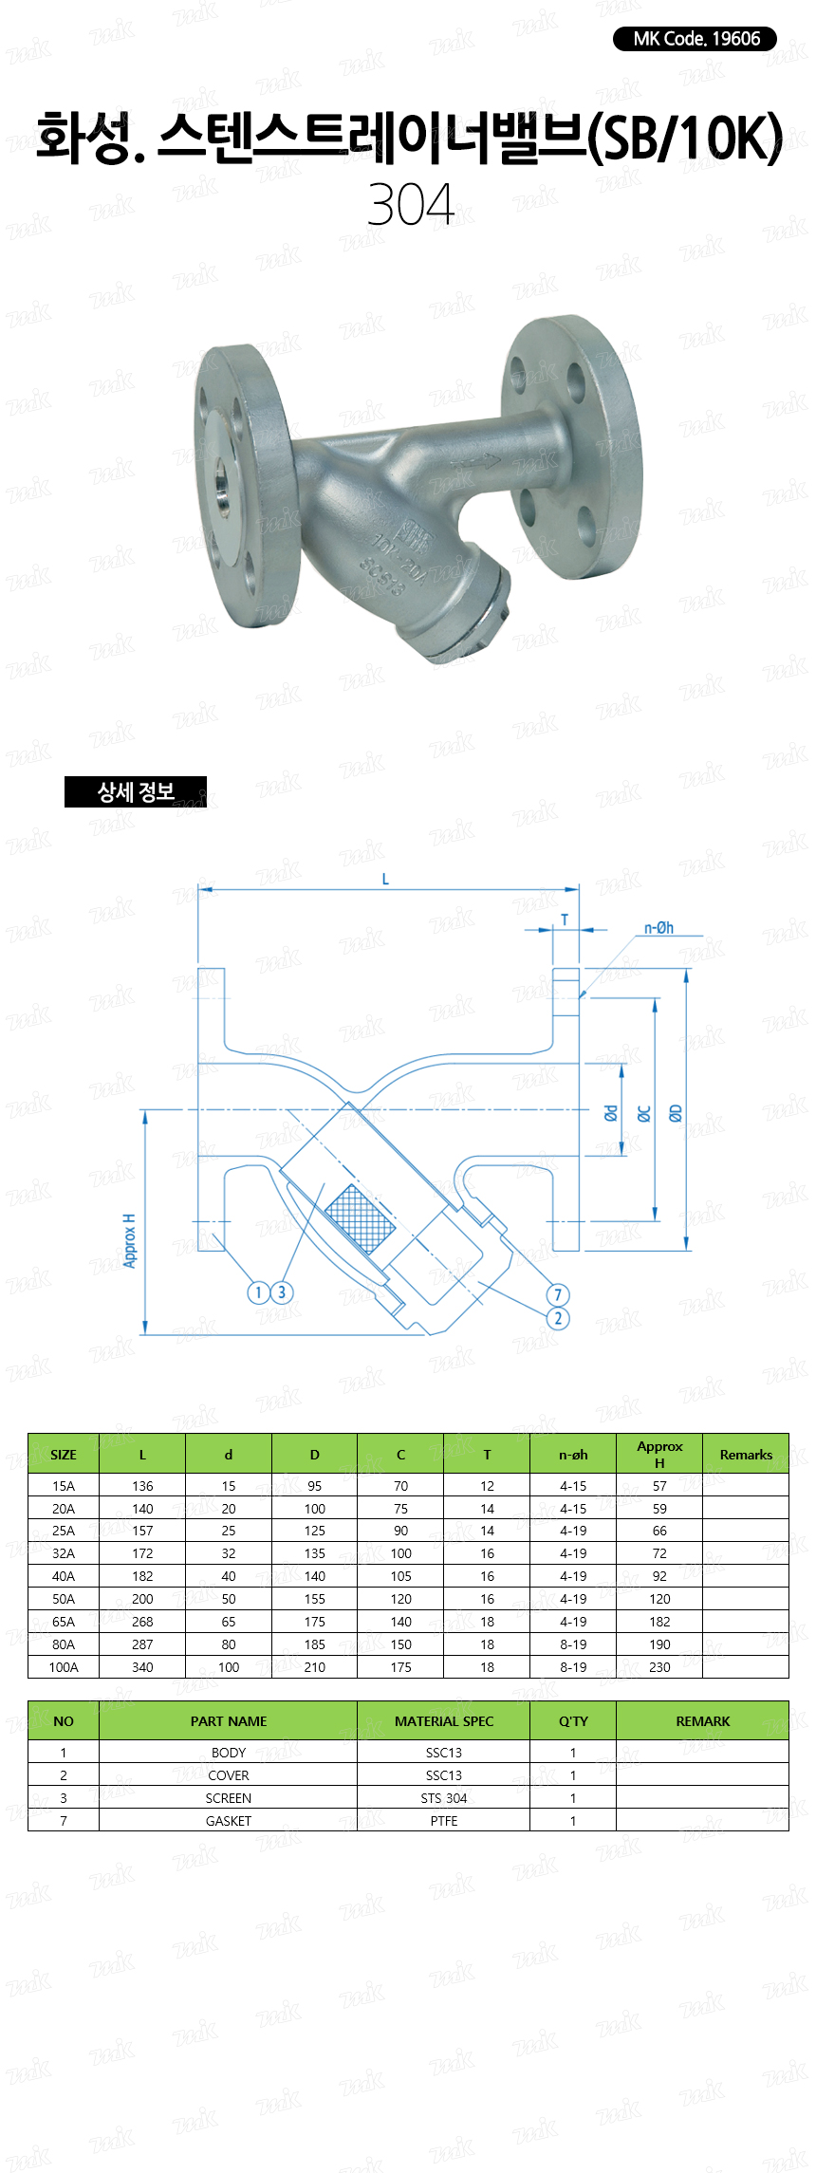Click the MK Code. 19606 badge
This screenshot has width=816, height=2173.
click(x=695, y=39)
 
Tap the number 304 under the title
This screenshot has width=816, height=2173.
click(x=410, y=204)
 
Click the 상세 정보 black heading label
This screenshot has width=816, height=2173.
click(x=135, y=791)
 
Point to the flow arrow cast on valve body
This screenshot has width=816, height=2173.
click(x=474, y=462)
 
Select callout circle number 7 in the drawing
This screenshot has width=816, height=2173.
click(x=558, y=1294)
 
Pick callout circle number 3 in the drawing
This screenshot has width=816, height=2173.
click(x=281, y=1291)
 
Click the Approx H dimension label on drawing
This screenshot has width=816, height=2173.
click(x=130, y=1240)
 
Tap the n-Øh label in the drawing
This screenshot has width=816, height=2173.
click(x=658, y=928)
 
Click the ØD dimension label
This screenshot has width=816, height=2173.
click(x=676, y=1113)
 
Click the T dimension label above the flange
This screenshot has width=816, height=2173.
click(x=565, y=919)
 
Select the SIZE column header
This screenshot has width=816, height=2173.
click(x=64, y=1455)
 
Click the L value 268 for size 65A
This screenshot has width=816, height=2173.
click(x=142, y=1622)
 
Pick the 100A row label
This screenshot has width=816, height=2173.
click(x=64, y=1667)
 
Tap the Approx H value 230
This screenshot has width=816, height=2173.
click(x=659, y=1667)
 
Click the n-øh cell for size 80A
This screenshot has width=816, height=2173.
click(x=573, y=1644)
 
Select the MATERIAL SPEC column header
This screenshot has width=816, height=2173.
click(x=444, y=1721)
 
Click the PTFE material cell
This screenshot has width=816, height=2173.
click(x=444, y=1821)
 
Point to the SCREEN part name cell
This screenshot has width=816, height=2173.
click(x=229, y=1798)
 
